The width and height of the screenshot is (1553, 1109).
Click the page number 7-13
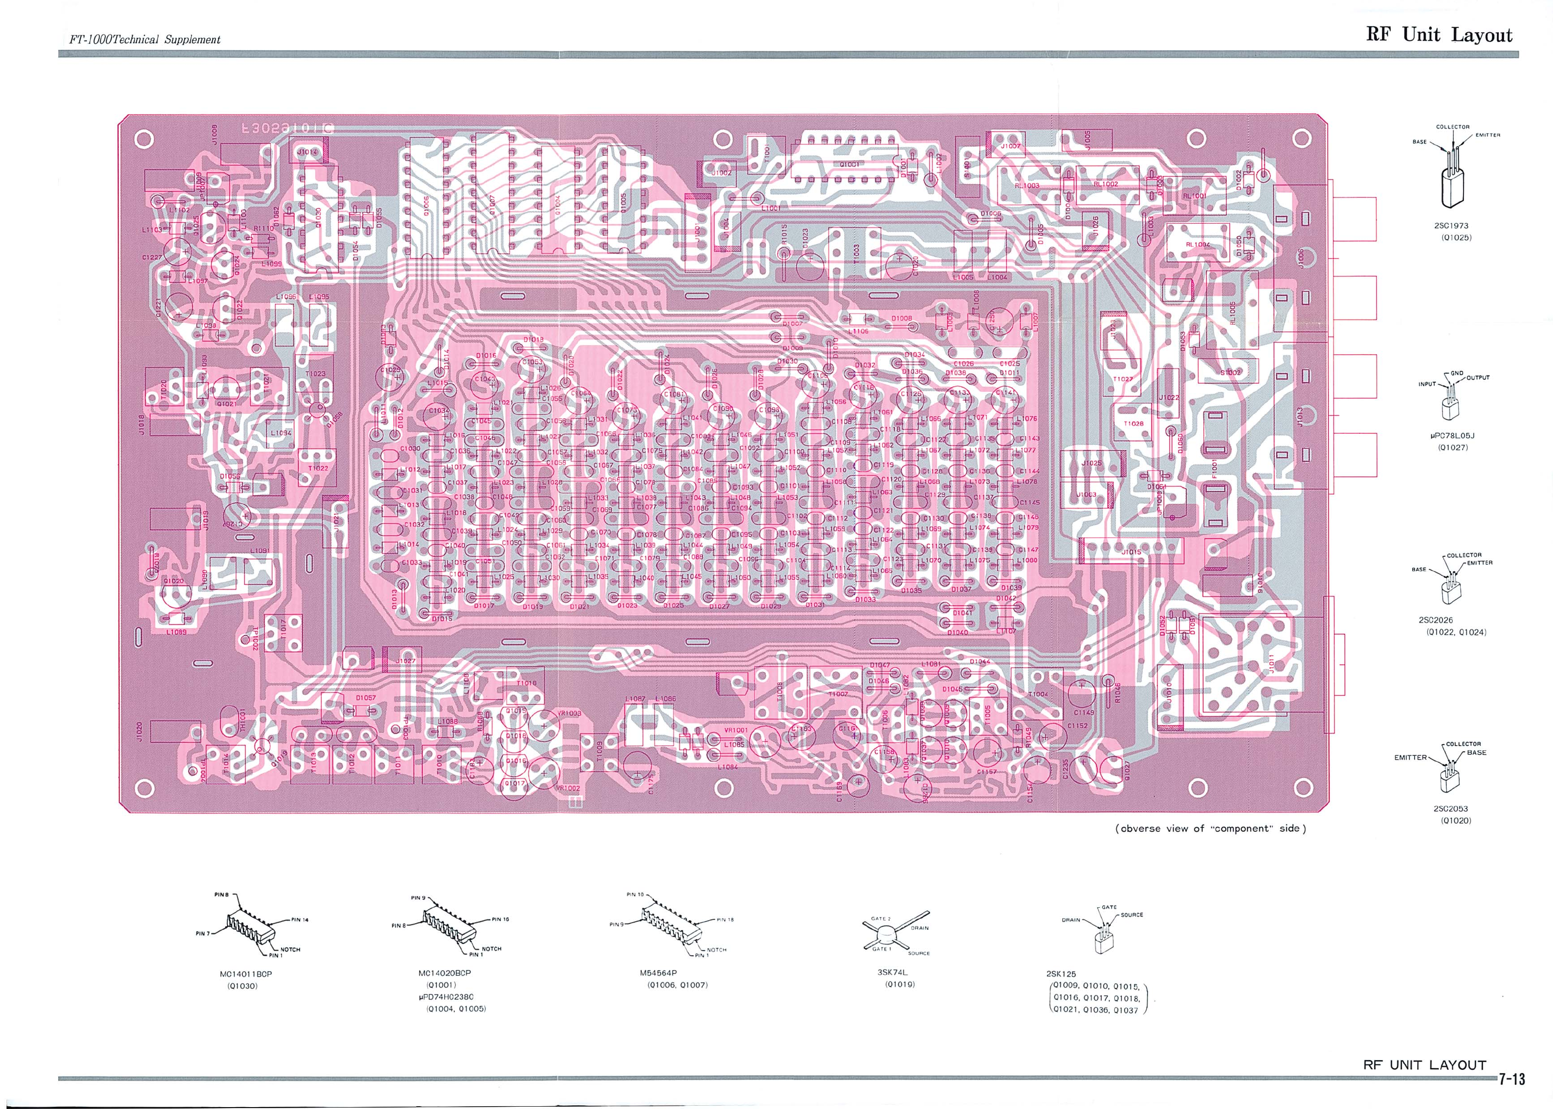point(1512,1080)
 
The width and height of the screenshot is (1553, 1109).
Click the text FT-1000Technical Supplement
point(145,40)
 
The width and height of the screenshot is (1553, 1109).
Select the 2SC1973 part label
point(1450,226)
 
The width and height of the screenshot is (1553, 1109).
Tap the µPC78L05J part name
point(1452,436)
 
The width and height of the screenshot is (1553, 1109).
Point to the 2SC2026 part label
point(1436,620)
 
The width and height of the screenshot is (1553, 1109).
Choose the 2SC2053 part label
point(1450,808)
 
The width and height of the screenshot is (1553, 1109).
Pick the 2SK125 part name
point(1061,974)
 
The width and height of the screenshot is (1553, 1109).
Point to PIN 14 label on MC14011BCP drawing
point(300,920)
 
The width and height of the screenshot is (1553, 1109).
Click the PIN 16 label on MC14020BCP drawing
point(500,919)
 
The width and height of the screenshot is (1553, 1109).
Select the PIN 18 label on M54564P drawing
point(725,920)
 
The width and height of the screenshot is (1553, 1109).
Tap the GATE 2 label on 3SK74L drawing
point(880,918)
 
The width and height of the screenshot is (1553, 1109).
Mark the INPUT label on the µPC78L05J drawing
point(1427,384)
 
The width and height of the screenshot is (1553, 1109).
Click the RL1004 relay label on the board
point(1197,245)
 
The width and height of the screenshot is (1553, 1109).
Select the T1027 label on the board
point(1123,379)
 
